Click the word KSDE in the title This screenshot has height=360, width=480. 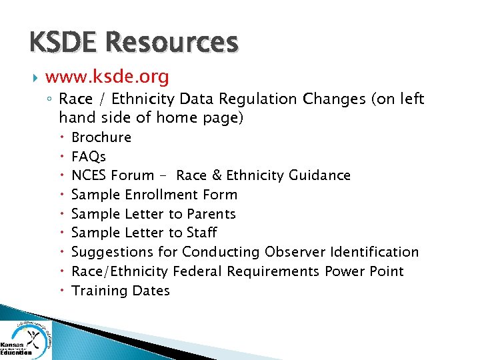pos(64,42)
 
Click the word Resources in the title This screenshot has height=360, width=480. pos(172,42)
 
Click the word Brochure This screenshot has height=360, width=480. pos(101,137)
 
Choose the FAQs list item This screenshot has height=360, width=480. pos(89,157)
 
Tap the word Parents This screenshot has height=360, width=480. pos(211,214)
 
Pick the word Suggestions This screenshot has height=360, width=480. pos(113,252)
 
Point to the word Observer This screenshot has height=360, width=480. pos(291,252)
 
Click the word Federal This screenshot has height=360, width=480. pos(197,271)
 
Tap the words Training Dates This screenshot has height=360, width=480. pos(121,291)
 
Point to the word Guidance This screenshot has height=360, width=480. pos(319,175)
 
